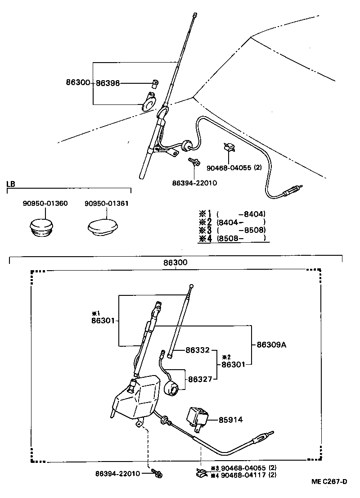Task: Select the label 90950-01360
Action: click(45, 204)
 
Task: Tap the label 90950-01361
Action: click(107, 204)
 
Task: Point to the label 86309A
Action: click(271, 345)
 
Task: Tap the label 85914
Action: click(230, 420)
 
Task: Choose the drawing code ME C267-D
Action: click(329, 482)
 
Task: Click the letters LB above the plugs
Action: click(10, 184)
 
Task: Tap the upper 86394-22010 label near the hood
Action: click(194, 183)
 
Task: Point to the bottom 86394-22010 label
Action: click(118, 473)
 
